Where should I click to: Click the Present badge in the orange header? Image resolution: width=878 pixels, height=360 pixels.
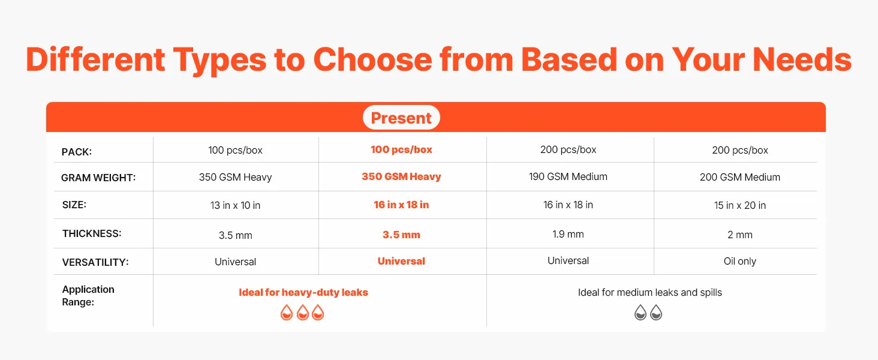pyautogui.click(x=401, y=117)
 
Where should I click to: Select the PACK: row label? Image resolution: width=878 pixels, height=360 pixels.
pyautogui.click(x=76, y=152)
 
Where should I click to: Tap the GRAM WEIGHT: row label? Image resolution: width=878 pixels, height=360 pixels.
pyautogui.click(x=98, y=178)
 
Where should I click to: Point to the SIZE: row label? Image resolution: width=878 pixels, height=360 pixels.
pyautogui.click(x=74, y=205)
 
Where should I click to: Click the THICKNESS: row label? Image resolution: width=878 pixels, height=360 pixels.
pyautogui.click(x=92, y=233)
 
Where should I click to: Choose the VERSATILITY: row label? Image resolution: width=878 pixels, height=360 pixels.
pyautogui.click(x=95, y=262)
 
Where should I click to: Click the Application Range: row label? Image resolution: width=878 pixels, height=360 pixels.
pyautogui.click(x=88, y=296)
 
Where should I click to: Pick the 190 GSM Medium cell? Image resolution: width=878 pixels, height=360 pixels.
pyautogui.click(x=568, y=176)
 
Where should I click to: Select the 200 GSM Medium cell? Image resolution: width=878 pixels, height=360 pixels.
pyautogui.click(x=739, y=177)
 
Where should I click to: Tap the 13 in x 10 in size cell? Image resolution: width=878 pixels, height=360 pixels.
pyautogui.click(x=235, y=205)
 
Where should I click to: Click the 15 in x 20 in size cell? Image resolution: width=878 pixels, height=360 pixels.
pyautogui.click(x=739, y=205)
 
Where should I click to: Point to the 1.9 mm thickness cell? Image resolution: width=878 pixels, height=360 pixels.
pyautogui.click(x=568, y=234)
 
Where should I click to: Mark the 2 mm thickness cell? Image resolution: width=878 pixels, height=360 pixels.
pyautogui.click(x=739, y=235)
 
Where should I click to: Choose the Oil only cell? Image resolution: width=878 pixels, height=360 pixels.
pyautogui.click(x=739, y=261)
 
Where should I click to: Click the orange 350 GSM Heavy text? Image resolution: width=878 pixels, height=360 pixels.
pyautogui.click(x=401, y=176)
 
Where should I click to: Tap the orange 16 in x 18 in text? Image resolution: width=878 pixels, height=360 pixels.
pyautogui.click(x=401, y=205)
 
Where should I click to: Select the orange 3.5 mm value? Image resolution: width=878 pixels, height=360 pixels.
pyautogui.click(x=401, y=235)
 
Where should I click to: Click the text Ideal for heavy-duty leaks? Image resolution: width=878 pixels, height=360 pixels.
pyautogui.click(x=303, y=292)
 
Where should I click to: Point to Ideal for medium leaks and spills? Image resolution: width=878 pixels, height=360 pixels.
pyautogui.click(x=650, y=292)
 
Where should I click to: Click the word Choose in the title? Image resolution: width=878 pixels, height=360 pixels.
pyautogui.click(x=372, y=59)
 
